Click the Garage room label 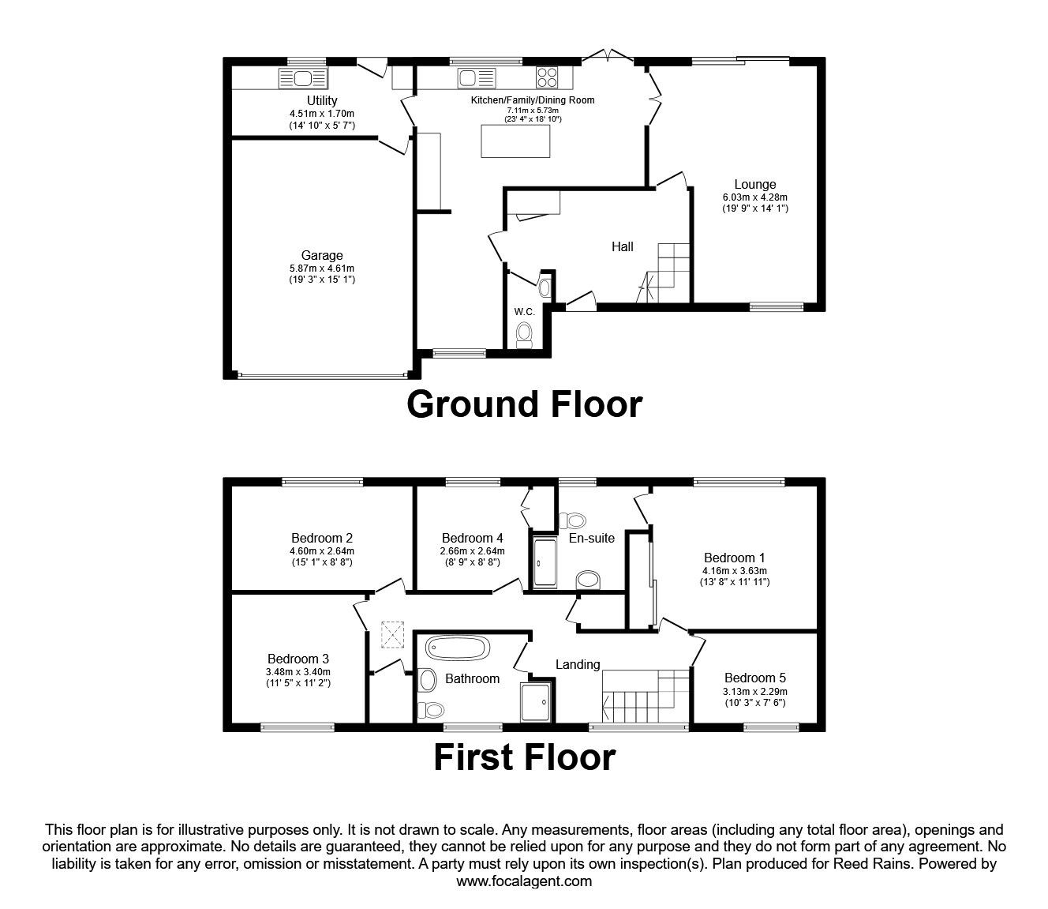(x=322, y=255)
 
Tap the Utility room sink (x=303, y=78)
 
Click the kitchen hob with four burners (x=547, y=77)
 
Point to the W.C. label (x=525, y=312)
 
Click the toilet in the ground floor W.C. (x=524, y=335)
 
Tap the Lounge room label (x=755, y=185)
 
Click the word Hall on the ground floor (x=623, y=246)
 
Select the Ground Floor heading (x=524, y=404)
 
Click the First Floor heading (x=524, y=758)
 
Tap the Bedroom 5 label (x=755, y=678)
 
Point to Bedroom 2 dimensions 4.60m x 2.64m (x=322, y=551)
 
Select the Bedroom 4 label (x=472, y=539)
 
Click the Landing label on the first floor (x=578, y=664)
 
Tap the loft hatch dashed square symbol (x=391, y=634)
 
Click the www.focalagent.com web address (x=524, y=881)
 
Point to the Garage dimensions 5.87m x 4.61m (x=322, y=269)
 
